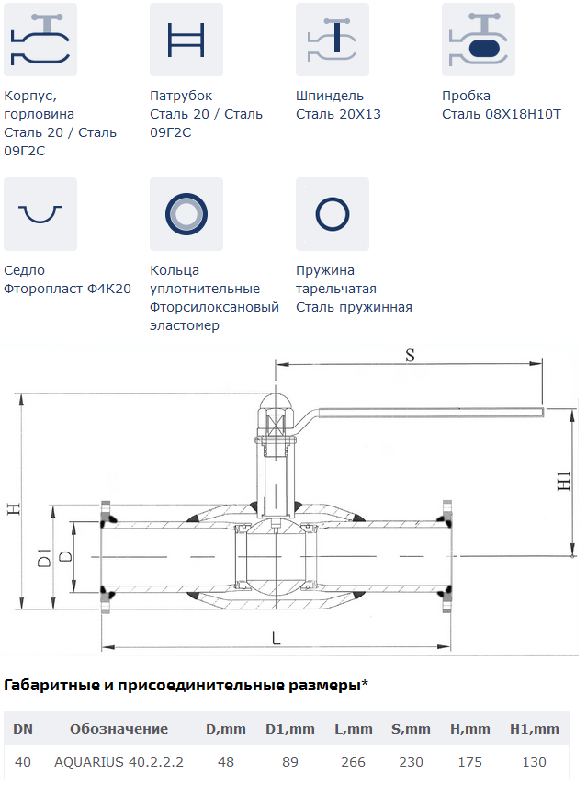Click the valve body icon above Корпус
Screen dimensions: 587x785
click(x=40, y=40)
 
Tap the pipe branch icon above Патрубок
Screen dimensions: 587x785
click(x=186, y=40)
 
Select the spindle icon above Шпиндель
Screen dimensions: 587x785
click(x=333, y=40)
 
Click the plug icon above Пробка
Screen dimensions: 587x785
click(x=479, y=40)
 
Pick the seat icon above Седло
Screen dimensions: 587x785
click(x=40, y=214)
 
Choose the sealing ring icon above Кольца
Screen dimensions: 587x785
click(x=186, y=214)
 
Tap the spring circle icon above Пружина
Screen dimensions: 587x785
click(x=333, y=214)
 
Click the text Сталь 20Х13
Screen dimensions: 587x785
click(x=338, y=114)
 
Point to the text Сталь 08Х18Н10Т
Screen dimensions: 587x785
click(x=502, y=114)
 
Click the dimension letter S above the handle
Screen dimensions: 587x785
click(x=410, y=356)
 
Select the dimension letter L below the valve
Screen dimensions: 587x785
click(x=277, y=638)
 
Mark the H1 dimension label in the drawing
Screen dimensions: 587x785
click(x=564, y=481)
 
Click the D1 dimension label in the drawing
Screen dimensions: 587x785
click(x=44, y=558)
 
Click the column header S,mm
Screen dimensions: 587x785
click(x=411, y=729)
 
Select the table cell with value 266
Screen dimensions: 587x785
click(x=353, y=762)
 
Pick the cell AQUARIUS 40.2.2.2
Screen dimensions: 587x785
click(x=119, y=762)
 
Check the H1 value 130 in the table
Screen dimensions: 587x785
click(x=534, y=762)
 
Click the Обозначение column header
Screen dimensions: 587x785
click(x=119, y=729)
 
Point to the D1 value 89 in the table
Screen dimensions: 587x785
click(x=289, y=762)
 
